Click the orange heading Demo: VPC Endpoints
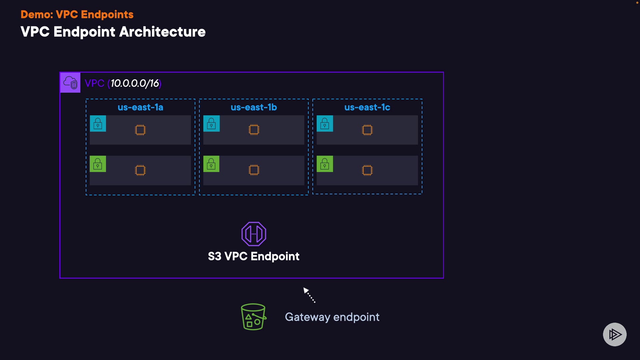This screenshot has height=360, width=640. click(x=77, y=15)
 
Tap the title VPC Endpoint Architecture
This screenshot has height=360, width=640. click(x=113, y=32)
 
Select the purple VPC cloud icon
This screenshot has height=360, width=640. click(x=70, y=83)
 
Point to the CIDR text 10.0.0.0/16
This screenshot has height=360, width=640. click(x=135, y=83)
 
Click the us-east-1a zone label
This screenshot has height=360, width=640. click(x=140, y=107)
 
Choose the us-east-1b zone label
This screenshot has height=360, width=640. click(x=254, y=107)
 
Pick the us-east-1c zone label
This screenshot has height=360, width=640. click(x=367, y=107)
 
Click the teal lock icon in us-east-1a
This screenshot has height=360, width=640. click(x=98, y=124)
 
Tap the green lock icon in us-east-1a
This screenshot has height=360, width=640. click(x=98, y=164)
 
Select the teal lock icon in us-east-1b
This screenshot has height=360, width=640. click(x=211, y=124)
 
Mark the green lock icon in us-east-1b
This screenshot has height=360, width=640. click(x=211, y=164)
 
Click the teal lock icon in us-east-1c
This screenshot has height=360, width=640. click(x=325, y=124)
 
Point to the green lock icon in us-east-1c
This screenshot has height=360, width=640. click(x=325, y=164)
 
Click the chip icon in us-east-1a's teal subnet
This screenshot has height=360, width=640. click(x=140, y=130)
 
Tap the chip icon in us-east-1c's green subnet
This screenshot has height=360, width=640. click(x=367, y=170)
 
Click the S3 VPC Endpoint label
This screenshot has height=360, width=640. click(x=254, y=256)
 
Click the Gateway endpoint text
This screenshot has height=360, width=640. click(x=332, y=317)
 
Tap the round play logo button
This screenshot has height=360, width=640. click(x=615, y=334)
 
